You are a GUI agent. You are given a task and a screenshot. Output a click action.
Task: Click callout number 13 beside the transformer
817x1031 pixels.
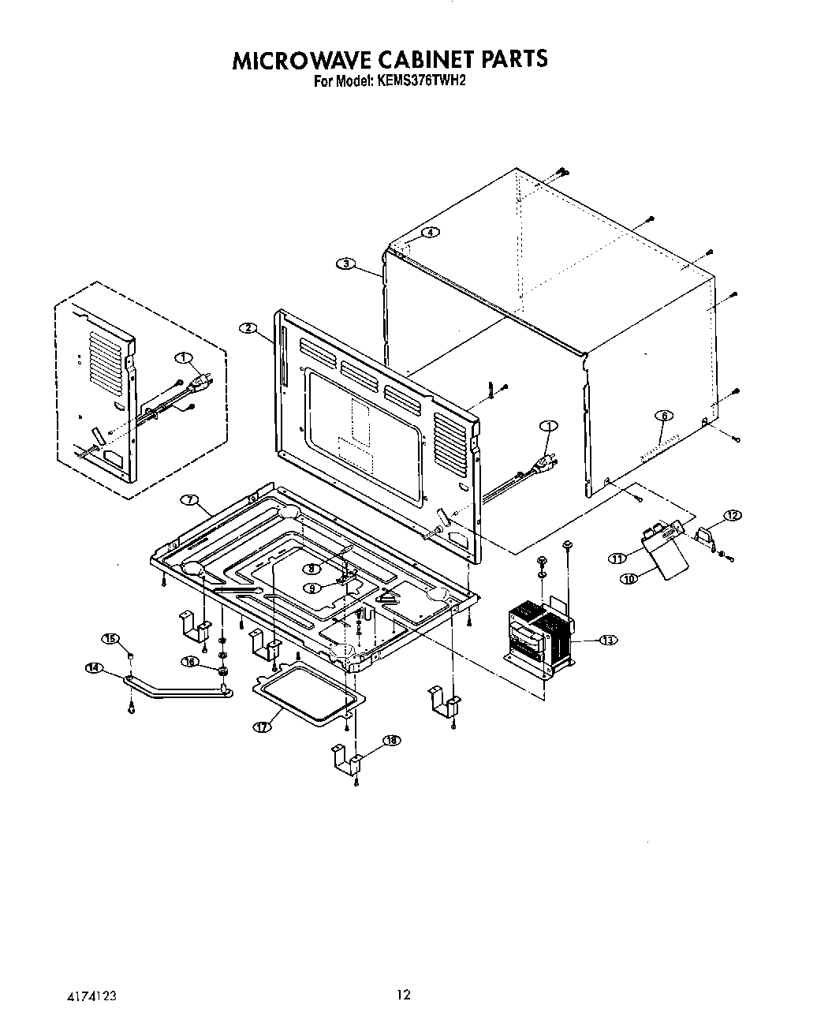(x=608, y=640)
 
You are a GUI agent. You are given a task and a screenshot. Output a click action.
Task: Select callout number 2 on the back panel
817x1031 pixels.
(x=248, y=327)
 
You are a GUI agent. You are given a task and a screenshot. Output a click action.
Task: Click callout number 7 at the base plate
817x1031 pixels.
(x=188, y=500)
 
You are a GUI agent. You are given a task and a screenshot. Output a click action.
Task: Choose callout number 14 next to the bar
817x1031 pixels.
(x=93, y=668)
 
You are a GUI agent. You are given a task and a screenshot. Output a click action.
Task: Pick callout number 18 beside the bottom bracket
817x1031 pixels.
(x=391, y=740)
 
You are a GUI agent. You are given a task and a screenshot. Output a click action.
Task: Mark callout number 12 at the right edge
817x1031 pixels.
(x=733, y=515)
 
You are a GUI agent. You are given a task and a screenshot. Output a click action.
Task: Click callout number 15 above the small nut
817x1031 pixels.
(x=110, y=637)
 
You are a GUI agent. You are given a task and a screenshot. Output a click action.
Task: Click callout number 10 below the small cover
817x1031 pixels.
(x=629, y=578)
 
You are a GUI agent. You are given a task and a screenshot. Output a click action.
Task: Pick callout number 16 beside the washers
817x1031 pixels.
(x=189, y=662)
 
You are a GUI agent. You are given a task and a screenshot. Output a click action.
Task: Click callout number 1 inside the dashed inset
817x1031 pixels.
(x=185, y=360)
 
